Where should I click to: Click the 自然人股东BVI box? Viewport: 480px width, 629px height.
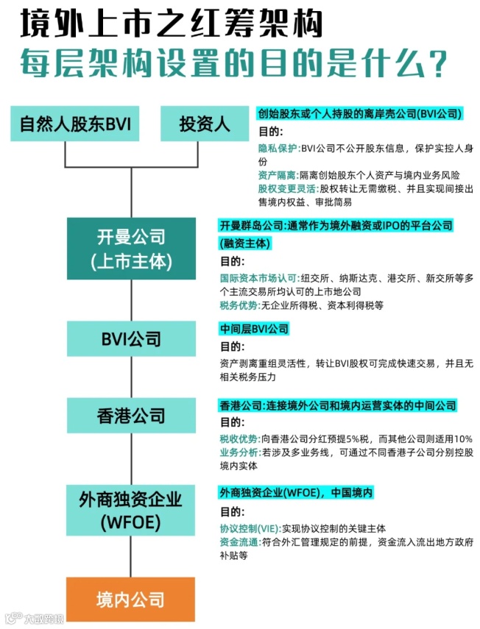tap(76, 124)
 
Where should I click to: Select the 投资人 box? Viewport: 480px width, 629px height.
tap(205, 124)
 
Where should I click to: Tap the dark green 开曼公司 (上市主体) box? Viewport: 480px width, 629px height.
tap(131, 249)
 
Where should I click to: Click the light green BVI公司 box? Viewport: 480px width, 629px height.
tap(131, 339)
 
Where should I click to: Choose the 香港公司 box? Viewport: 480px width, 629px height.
tap(131, 416)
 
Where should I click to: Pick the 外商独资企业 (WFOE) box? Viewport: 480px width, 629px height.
tap(131, 508)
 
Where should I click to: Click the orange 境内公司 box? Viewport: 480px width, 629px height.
tap(131, 600)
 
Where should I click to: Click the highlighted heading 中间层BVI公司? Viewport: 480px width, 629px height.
tap(254, 329)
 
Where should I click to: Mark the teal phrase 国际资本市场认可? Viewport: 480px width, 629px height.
tap(258, 279)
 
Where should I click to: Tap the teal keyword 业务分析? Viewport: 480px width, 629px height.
tap(238, 452)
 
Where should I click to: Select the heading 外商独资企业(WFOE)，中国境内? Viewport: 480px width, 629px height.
tap(295, 492)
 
